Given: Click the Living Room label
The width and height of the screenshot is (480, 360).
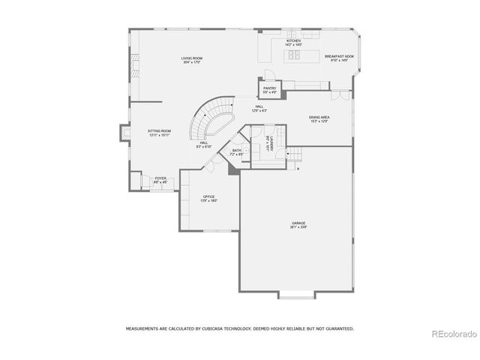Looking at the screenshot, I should pos(192,58).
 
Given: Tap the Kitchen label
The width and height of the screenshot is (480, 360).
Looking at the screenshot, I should pos(293,40).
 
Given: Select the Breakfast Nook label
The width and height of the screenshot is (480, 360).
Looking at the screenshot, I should pos(340,56).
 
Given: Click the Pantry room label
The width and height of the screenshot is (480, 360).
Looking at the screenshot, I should pos(270,88).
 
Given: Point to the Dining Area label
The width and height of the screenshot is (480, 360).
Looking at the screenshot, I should pos(320,118).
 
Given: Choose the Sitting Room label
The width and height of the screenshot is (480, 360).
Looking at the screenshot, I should pos(159,131).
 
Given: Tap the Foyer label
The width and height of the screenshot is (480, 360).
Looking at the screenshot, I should pos(160,178).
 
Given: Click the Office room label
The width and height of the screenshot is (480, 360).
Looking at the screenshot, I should pos(208,196).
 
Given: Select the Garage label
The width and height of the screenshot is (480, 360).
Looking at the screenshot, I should pos(298,223).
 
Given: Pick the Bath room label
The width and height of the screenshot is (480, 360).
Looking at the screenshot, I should pos(237,151).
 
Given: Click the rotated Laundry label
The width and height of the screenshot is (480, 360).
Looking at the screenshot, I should pos(267,142).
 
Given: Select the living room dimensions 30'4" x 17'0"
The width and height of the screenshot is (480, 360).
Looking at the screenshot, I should pos(192,62).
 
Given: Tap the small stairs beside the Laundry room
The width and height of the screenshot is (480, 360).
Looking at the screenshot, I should pos(295,155).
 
